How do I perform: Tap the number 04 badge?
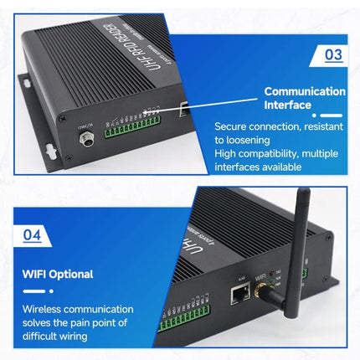pos(31,236)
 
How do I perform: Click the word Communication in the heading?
pos(305,91)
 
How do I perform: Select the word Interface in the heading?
pos(288,105)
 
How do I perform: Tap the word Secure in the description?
pos(232,127)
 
